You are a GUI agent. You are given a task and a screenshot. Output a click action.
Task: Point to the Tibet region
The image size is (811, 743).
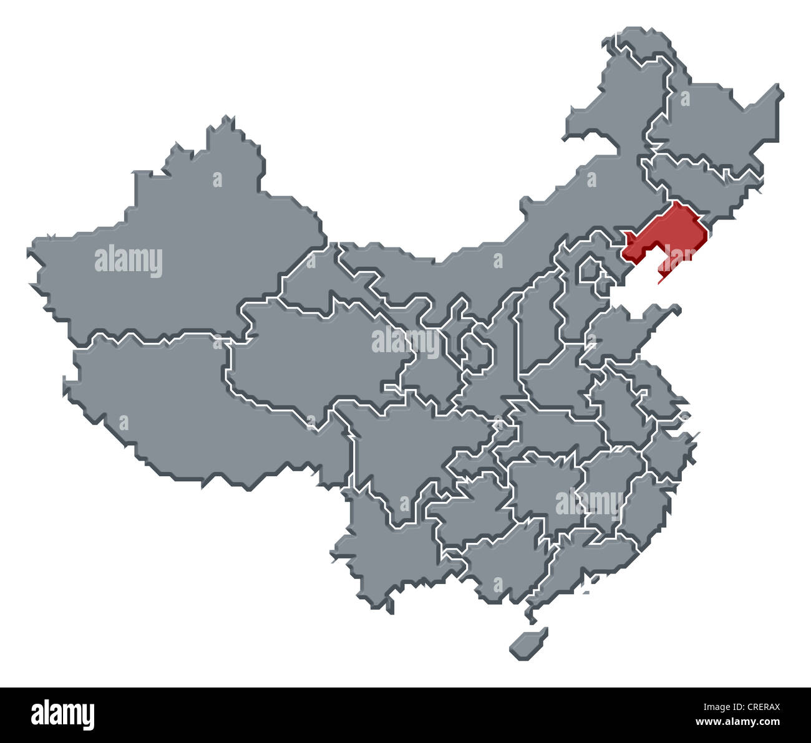(x=187, y=411)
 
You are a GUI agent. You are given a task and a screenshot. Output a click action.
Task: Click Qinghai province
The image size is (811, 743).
(x=312, y=355)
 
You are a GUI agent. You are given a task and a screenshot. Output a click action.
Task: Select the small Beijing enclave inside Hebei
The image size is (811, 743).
(x=589, y=271)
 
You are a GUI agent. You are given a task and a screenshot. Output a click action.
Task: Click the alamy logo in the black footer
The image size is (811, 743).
(x=63, y=715)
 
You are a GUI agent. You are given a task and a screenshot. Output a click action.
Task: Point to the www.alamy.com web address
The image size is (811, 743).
(x=737, y=722)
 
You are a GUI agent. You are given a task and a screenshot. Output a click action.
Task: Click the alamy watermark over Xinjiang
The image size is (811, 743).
(x=129, y=261)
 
